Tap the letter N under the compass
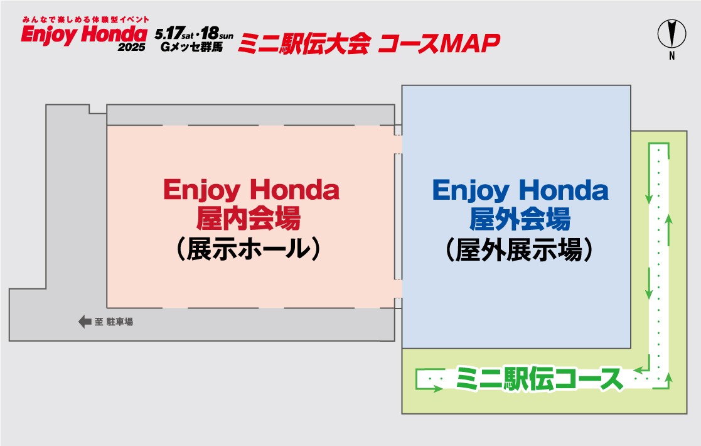[x=672, y=57]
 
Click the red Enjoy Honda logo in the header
[x=83, y=35]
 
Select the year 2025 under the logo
[x=131, y=48]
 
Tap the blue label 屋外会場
[x=520, y=220]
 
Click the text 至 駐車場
[x=114, y=322]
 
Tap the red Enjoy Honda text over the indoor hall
[x=251, y=190]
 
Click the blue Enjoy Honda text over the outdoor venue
[x=520, y=190]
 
